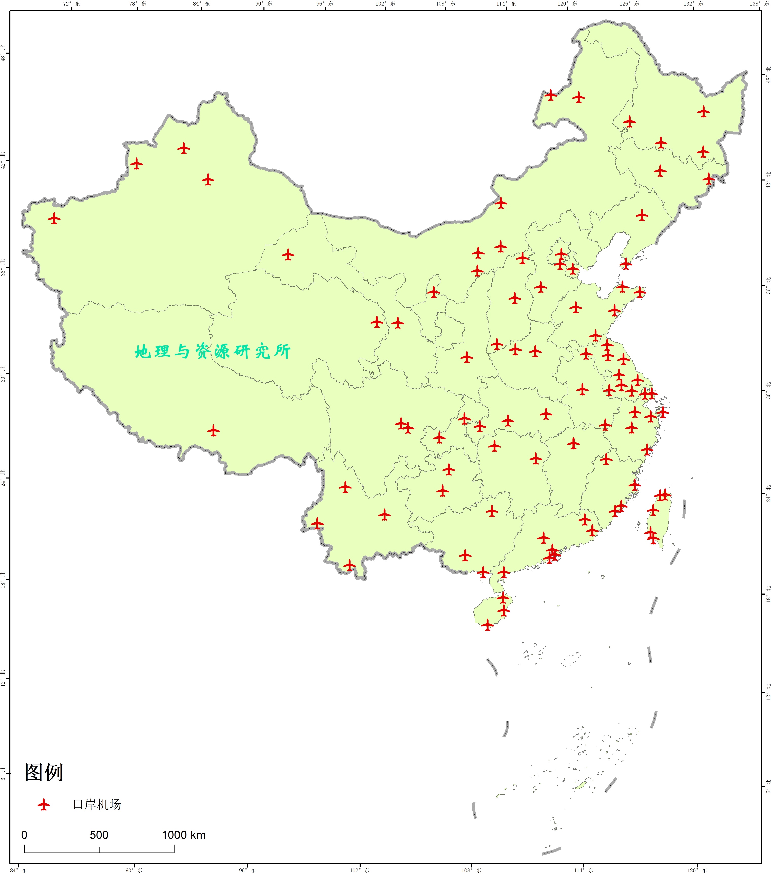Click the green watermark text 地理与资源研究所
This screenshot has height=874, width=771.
[212, 352]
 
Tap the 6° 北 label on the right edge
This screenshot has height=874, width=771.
[768, 787]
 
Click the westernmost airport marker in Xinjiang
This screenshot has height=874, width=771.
[54, 219]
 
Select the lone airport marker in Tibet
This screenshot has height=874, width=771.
[213, 430]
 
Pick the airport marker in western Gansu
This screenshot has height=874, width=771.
[288, 255]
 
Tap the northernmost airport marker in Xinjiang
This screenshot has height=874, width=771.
[183, 148]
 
